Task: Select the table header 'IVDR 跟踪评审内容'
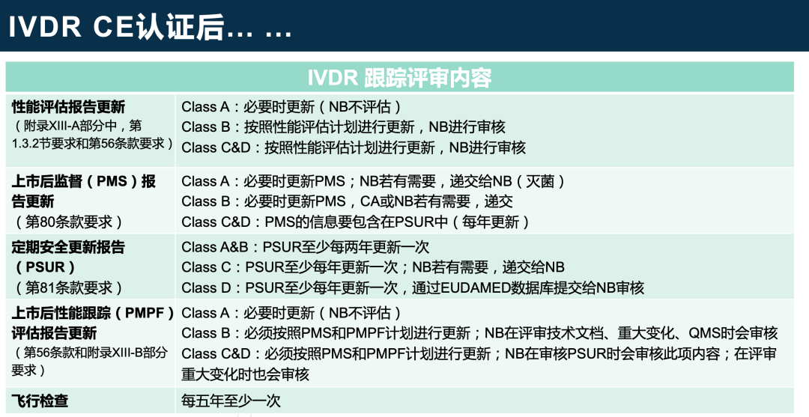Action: coord(399,78)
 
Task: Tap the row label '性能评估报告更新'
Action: coord(68,106)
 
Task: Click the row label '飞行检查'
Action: coord(40,401)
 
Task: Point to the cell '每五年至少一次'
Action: coord(231,401)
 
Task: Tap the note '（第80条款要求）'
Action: coord(68,222)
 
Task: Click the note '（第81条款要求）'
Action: coord(68,287)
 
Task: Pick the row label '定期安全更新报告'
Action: coord(68,247)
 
